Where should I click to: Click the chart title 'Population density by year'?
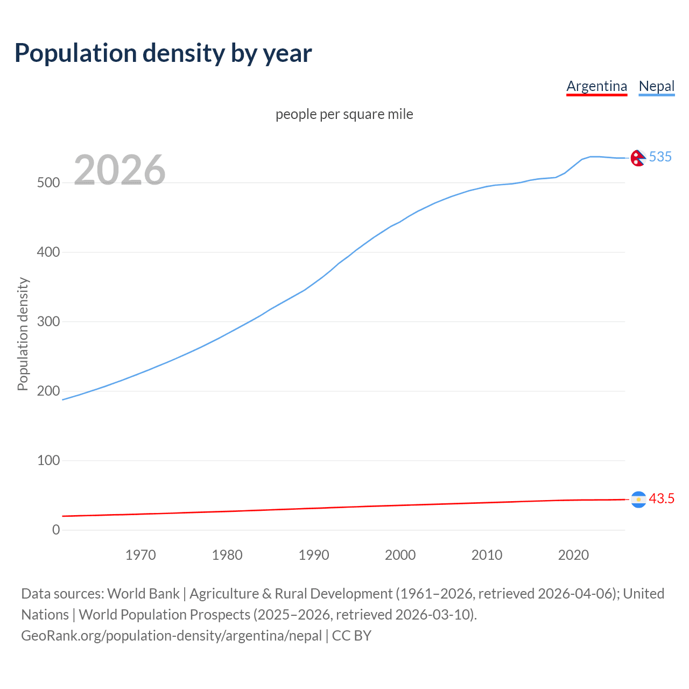[163, 53]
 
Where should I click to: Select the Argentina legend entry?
[596, 86]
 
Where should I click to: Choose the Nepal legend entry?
[656, 86]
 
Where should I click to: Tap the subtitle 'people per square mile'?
[344, 115]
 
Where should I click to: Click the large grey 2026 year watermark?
[119, 170]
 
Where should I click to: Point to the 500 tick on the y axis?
[48, 183]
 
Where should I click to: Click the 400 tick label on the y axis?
[48, 252]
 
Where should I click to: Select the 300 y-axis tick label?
[48, 322]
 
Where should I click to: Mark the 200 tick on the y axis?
[48, 391]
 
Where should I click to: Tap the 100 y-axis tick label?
[48, 461]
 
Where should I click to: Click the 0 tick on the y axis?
[56, 530]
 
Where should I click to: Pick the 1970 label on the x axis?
[140, 555]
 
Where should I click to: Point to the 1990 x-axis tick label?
[314, 555]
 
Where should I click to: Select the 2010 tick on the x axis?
[487, 555]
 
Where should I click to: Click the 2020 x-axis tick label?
[573, 555]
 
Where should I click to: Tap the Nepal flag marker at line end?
[638, 158]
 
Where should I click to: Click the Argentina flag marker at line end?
[638, 500]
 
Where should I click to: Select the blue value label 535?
[660, 157]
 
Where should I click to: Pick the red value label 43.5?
[661, 499]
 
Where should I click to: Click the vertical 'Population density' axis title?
[23, 334]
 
